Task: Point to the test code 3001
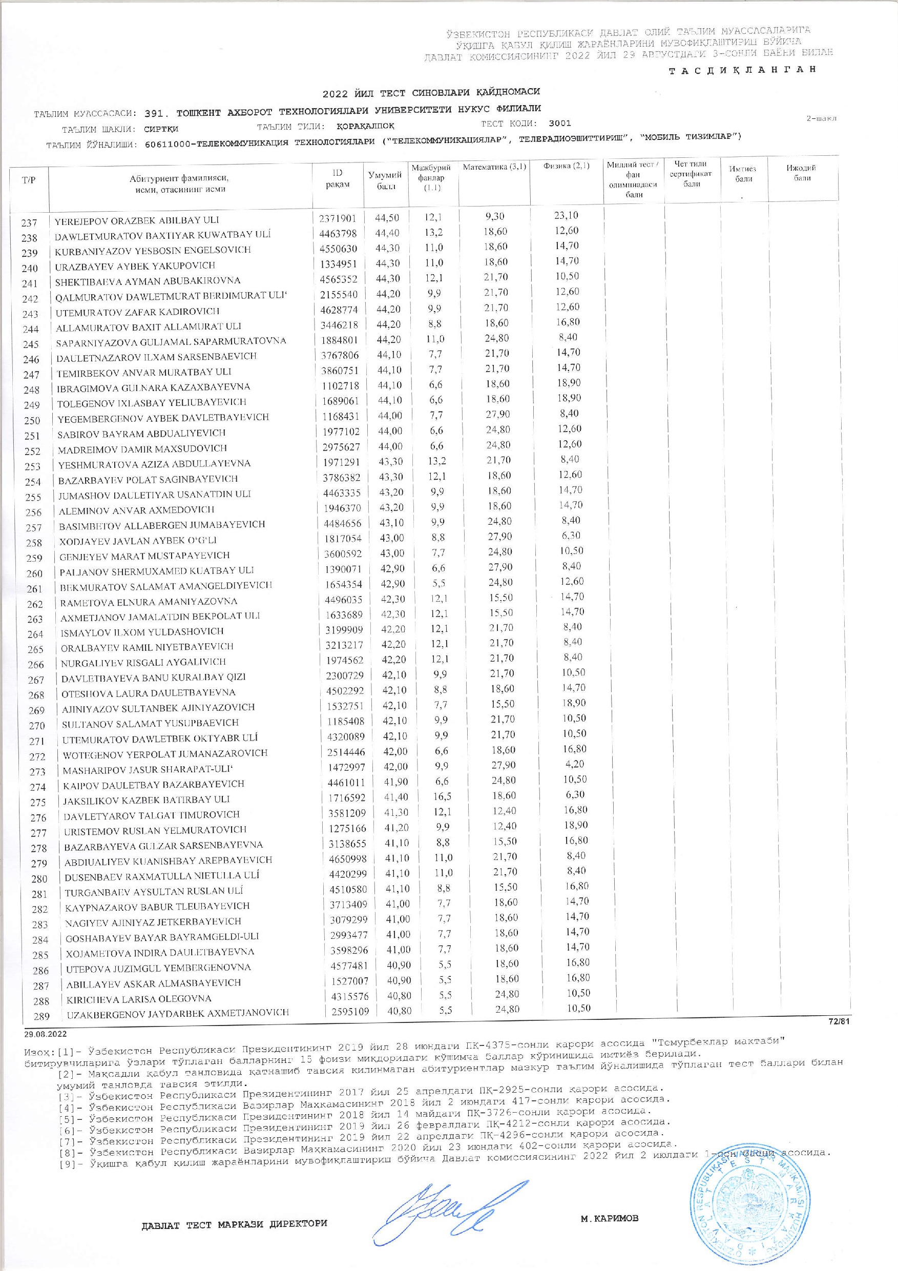click(560, 124)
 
